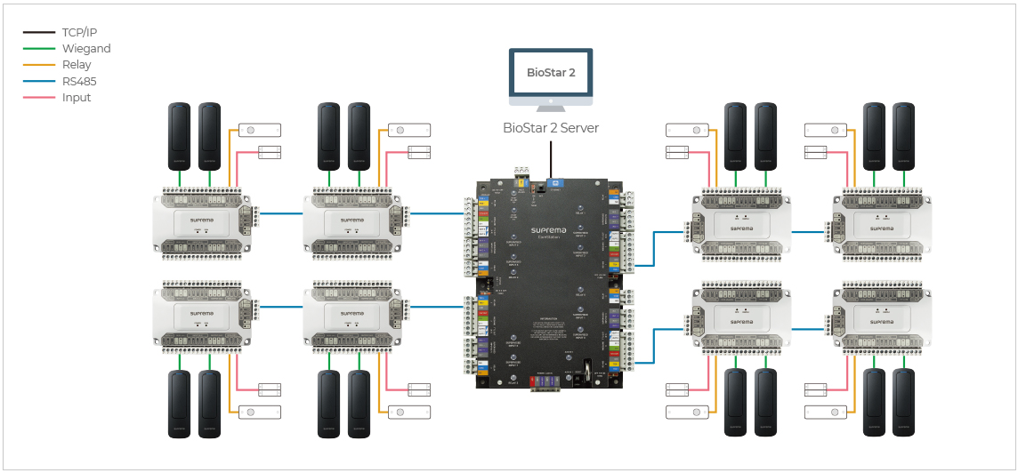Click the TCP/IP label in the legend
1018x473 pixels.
(x=79, y=32)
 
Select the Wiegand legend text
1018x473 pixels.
(x=86, y=49)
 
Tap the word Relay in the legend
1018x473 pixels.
(x=77, y=65)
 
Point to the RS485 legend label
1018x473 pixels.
(x=79, y=81)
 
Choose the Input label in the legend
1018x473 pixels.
(x=77, y=98)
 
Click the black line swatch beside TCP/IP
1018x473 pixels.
(x=39, y=32)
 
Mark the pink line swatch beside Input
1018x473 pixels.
(x=39, y=98)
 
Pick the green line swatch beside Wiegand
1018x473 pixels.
(x=39, y=49)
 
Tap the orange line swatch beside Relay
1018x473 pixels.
(x=39, y=65)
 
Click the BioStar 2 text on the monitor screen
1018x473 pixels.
(x=551, y=73)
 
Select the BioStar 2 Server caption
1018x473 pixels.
(x=551, y=128)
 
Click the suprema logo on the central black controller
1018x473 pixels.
(x=549, y=230)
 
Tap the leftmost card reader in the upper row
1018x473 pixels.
(x=180, y=136)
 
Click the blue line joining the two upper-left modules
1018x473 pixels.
(x=279, y=213)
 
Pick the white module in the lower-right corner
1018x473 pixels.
(x=880, y=317)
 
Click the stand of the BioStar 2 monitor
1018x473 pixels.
(x=551, y=104)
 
